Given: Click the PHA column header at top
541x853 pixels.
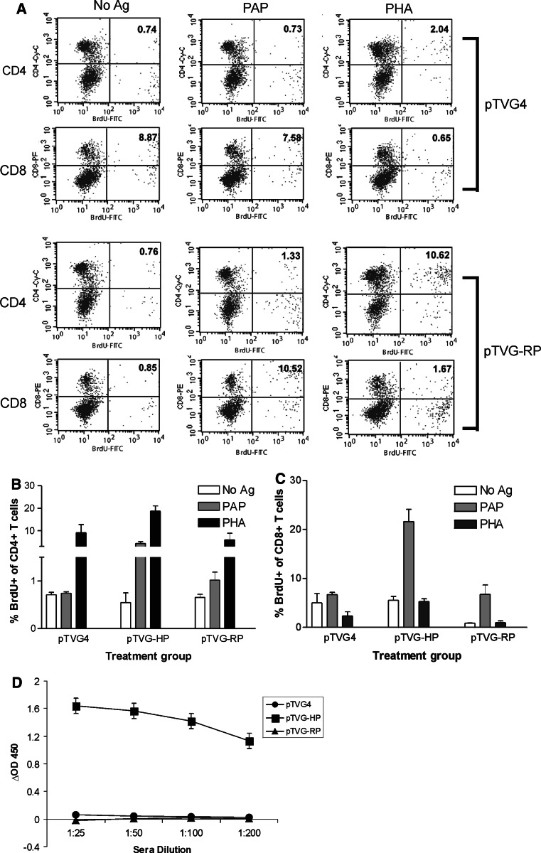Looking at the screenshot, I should pyautogui.click(x=426, y=9).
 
